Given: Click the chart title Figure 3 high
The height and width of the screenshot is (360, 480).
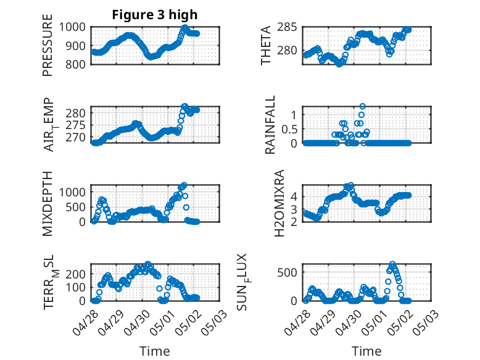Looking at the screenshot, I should tap(155, 15).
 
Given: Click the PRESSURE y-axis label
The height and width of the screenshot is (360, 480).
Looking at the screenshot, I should tap(48, 46).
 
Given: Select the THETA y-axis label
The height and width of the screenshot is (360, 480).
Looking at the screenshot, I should tap(266, 46).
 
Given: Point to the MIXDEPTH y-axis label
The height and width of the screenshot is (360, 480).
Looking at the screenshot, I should tap(48, 204).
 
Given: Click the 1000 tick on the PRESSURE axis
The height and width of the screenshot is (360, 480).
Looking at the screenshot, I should tap(74, 27).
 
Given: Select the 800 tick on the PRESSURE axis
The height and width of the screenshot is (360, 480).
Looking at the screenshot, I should tap(78, 64).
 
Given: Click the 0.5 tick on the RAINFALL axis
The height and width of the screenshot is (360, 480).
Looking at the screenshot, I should tap(289, 128).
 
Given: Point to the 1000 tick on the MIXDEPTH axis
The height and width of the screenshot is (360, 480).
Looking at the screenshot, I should tap(74, 192).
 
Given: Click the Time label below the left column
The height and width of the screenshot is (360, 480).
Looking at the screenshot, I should tap(155, 351).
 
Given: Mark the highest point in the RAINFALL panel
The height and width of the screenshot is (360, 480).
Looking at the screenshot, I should tap(363, 106).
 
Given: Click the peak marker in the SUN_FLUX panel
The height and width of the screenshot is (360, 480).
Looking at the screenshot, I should tap(392, 264).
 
